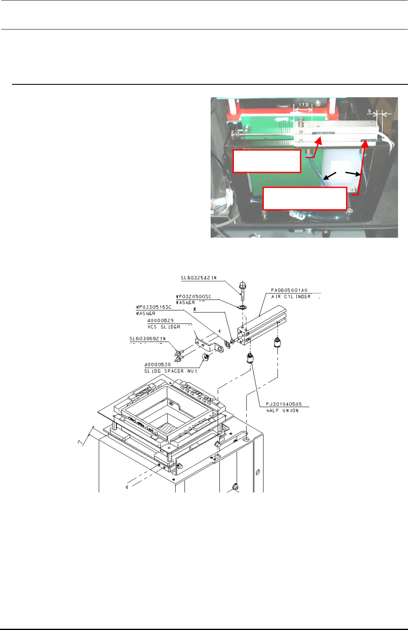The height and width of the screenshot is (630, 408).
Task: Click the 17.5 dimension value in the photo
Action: pos(304,105)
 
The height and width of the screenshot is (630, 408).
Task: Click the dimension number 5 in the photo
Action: pos(370,111)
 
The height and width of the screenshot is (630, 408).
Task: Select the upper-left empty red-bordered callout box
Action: pos(267,161)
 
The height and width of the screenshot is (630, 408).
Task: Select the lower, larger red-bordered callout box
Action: pos(305,198)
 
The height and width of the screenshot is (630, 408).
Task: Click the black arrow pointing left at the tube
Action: pos(330,177)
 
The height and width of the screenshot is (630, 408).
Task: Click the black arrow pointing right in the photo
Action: pos(353,173)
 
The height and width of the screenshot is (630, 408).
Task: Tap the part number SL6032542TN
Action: pos(199,278)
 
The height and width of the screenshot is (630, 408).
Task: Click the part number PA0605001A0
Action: pos(289,290)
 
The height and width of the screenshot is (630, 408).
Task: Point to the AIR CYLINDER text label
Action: pos(291,297)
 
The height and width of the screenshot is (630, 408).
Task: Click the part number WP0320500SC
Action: pos(193,296)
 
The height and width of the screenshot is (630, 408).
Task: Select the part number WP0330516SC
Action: pos(154,307)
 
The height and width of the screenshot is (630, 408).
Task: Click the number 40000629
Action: pos(160,320)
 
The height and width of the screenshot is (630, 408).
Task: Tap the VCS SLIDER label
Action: pos(164,327)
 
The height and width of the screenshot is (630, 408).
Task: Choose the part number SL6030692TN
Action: pos(147,339)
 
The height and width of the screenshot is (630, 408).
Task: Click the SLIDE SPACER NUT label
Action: pos(170,371)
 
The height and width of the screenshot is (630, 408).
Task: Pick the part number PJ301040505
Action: pos(284,404)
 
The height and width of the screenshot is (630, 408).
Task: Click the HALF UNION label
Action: pos(282,411)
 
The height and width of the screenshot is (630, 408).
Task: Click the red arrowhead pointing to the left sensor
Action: pos(319,140)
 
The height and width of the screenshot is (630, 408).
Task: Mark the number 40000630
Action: pos(157,364)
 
